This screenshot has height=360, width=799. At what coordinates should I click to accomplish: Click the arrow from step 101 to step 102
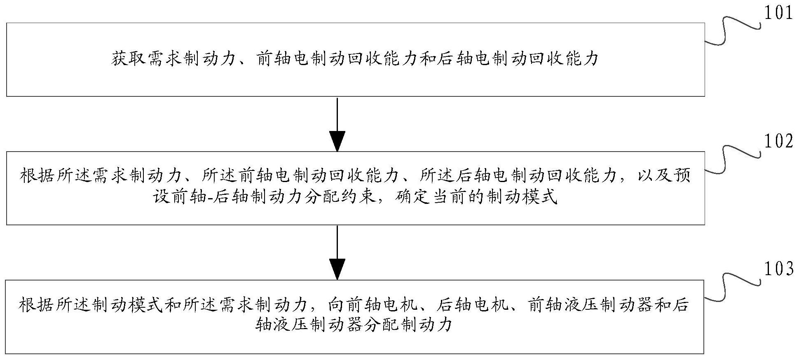click(337, 124)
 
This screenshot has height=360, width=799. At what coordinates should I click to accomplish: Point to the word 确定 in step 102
click(412, 198)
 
